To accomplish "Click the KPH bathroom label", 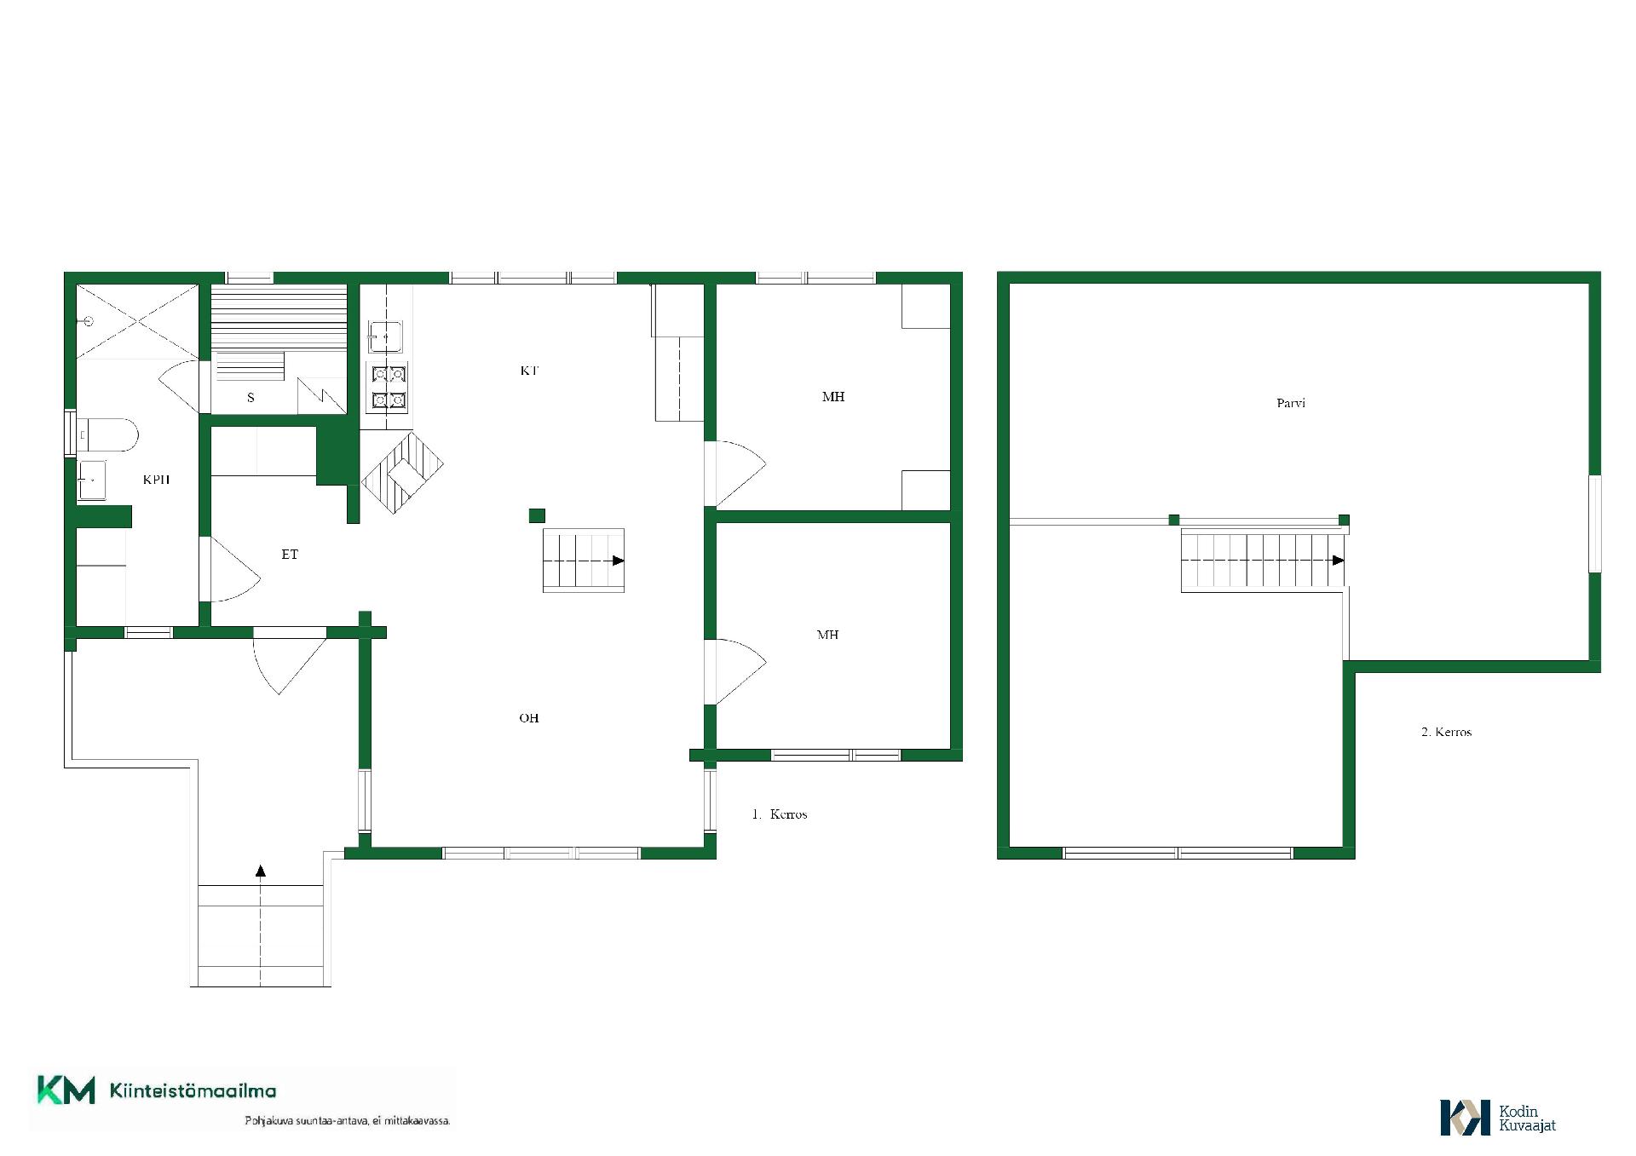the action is click(156, 480).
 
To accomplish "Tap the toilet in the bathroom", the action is click(107, 434).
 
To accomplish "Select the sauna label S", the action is click(251, 397).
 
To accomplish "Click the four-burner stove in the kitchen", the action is click(388, 387).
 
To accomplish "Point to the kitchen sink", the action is click(385, 336).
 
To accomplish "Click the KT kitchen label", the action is click(529, 371).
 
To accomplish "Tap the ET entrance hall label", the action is click(290, 554).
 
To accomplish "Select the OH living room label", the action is click(529, 718).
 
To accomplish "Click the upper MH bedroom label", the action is click(833, 396).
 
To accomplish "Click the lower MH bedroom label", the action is click(827, 635).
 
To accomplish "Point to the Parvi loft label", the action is click(1291, 403).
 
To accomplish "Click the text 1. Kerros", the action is click(780, 814).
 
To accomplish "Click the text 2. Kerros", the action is click(1446, 732).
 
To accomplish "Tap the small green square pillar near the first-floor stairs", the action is click(537, 515).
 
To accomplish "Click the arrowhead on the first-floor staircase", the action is click(619, 561).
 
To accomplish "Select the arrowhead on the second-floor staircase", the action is click(1339, 561).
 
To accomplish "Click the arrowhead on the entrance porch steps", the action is click(261, 871).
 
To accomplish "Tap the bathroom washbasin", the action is click(91, 480).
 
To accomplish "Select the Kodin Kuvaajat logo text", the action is click(1528, 1118).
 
